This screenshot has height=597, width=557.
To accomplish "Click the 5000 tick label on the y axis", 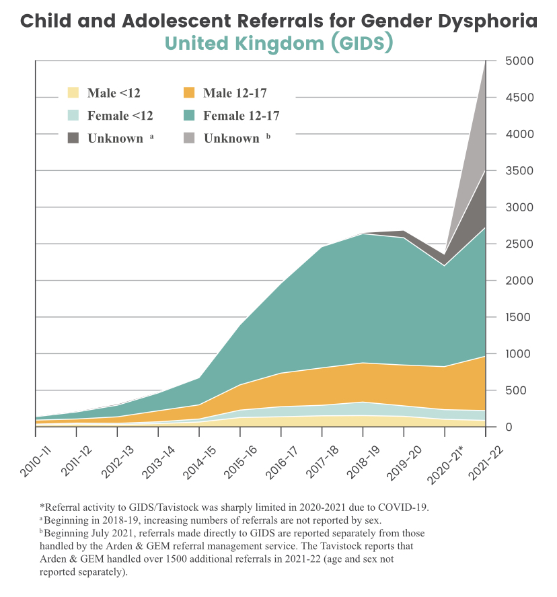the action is pyautogui.click(x=519, y=61).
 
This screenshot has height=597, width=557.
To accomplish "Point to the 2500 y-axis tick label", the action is pyautogui.click(x=519, y=244).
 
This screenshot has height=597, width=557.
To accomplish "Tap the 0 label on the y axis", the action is pyautogui.click(x=509, y=427).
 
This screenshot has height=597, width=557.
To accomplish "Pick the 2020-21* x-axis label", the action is pyautogui.click(x=446, y=464).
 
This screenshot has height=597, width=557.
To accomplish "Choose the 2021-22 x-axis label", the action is pyautogui.click(x=486, y=462).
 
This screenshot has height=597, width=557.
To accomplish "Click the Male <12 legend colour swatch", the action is pyautogui.click(x=73, y=93).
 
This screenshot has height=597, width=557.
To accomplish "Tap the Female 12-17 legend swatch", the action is pyautogui.click(x=189, y=115).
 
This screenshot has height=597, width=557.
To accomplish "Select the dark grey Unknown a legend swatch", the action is pyautogui.click(x=73, y=138).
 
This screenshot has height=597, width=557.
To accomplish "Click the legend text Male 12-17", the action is pyautogui.click(x=235, y=93).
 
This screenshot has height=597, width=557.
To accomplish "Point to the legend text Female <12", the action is pyautogui.click(x=120, y=115).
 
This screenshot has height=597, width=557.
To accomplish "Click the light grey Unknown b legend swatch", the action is pyautogui.click(x=189, y=138).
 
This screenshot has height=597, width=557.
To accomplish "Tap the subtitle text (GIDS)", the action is pyautogui.click(x=362, y=42).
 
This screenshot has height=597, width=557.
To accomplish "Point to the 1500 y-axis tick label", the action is pyautogui.click(x=518, y=317).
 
